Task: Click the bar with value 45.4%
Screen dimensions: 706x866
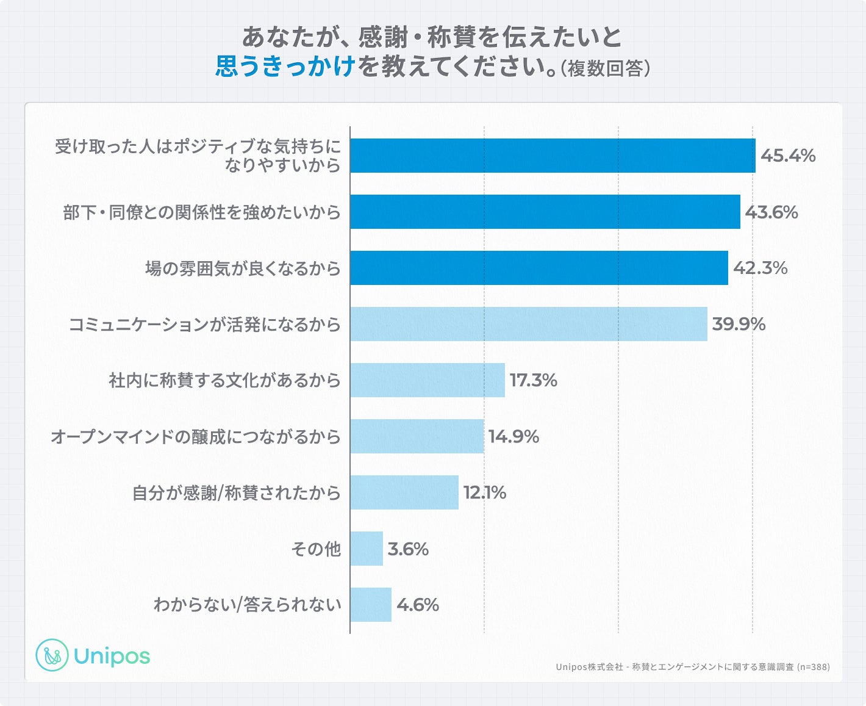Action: pos(553,156)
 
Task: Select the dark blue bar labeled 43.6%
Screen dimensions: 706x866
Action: pos(545,212)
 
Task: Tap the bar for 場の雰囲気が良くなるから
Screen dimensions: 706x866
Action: pos(539,268)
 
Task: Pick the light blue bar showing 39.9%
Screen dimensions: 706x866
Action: pos(529,324)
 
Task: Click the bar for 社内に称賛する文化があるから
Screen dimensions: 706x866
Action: pos(428,380)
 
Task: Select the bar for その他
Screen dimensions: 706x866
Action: pos(367,549)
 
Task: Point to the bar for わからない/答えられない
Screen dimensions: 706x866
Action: pos(371,605)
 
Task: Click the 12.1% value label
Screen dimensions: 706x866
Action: pos(485,492)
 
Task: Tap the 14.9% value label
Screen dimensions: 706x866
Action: pos(514,436)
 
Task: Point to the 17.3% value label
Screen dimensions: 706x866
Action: pos(533,380)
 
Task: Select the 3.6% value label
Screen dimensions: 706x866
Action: pos(408,549)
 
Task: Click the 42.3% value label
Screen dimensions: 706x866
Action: pos(760,268)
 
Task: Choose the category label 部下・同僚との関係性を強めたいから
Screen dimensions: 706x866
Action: pos(202,212)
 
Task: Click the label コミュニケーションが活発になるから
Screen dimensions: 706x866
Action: pos(204,325)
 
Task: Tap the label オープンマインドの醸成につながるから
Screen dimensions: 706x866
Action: pos(196,437)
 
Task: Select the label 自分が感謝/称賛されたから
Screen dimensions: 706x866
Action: pos(237,493)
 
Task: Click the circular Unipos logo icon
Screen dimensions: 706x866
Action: pos(52,655)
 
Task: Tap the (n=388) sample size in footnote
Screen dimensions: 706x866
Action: pos(813,667)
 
